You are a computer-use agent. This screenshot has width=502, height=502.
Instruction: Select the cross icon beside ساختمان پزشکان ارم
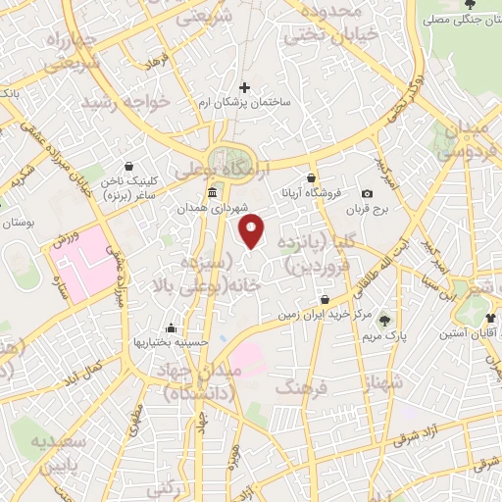tap(245, 88)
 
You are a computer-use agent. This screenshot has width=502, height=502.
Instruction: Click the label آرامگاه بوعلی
tap(208, 171)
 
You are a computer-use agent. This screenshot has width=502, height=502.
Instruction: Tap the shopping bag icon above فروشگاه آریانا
tap(311, 178)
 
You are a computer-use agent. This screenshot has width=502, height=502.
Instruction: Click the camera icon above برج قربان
tap(368, 194)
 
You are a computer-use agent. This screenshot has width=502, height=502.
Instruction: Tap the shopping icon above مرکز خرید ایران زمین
tap(325, 299)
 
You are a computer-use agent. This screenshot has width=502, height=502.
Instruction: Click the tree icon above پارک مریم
tap(383, 319)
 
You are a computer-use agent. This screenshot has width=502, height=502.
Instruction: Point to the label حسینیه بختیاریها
tap(173, 344)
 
